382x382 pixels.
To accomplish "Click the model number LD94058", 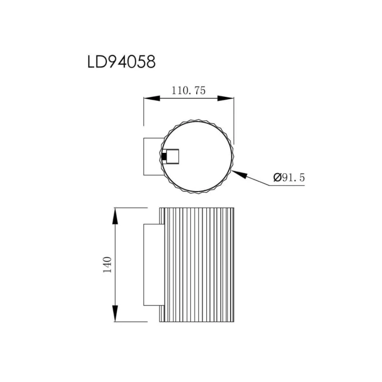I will click(x=121, y=62).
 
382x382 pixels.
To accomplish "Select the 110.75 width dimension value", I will click(x=188, y=91).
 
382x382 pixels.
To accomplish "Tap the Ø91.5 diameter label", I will click(x=289, y=178).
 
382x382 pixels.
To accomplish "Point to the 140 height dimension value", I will click(x=107, y=265).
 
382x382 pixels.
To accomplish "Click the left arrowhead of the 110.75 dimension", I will click(x=151, y=98).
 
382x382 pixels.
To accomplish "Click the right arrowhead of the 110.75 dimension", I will click(x=226, y=98).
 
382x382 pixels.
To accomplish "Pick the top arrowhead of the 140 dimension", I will click(x=116, y=216).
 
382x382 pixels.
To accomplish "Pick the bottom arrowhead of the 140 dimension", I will click(x=116, y=313).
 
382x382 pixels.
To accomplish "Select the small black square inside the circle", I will click(x=164, y=156).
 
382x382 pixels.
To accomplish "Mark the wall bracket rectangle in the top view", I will click(x=153, y=156).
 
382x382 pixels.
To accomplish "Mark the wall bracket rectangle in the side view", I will click(x=151, y=265).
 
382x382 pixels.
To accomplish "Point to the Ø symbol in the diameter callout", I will click(x=277, y=178).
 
